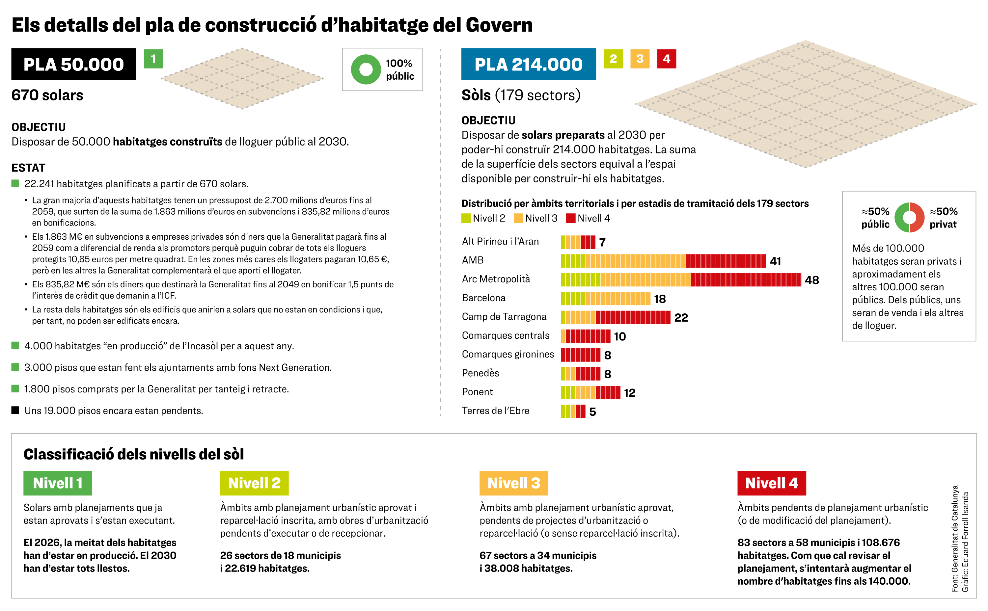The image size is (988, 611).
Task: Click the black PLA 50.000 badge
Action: pyautogui.click(x=73, y=64)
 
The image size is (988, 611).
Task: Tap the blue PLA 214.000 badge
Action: pyautogui.click(x=528, y=64)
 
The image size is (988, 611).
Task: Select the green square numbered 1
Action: pyautogui.click(x=153, y=59)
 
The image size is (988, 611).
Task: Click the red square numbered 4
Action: pyautogui.click(x=666, y=59)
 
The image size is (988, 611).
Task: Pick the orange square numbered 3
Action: pyautogui.click(x=640, y=59)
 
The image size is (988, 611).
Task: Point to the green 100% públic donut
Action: pyautogui.click(x=366, y=69)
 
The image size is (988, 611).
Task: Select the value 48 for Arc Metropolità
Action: pyautogui.click(x=812, y=280)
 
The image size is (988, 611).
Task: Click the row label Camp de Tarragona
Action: pyautogui.click(x=504, y=317)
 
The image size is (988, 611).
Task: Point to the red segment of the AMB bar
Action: pyautogui.click(x=725, y=261)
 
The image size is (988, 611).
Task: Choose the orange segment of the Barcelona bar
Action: pyautogui.click(x=618, y=299)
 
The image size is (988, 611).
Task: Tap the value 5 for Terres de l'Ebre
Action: pyautogui.click(x=592, y=412)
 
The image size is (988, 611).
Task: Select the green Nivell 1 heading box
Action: pyautogui.click(x=57, y=483)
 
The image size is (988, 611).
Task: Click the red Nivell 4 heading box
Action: pyautogui.click(x=771, y=483)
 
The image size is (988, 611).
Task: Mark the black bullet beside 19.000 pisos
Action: pyautogui.click(x=15, y=410)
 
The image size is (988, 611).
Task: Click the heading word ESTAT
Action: pyautogui.click(x=28, y=168)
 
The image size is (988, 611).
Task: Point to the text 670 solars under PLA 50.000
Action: pyautogui.click(x=47, y=95)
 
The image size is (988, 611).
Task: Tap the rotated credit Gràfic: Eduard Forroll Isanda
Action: pyautogui.click(x=965, y=542)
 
